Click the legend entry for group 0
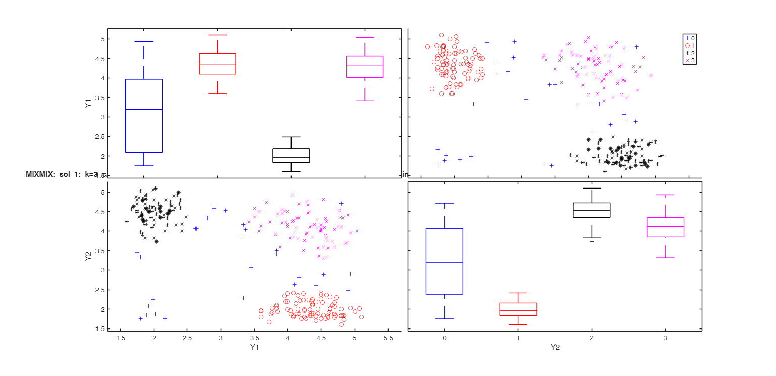(690, 38)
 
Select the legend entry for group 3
(690, 60)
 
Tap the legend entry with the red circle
(690, 45)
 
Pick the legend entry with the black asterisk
(690, 53)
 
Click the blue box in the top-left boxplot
(143, 116)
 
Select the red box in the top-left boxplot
(217, 64)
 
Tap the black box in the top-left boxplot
(291, 155)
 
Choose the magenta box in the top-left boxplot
(365, 67)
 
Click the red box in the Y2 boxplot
(518, 309)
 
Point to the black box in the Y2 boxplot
(592, 210)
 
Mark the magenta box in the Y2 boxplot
(665, 227)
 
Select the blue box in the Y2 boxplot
(444, 261)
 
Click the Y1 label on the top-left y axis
(88, 104)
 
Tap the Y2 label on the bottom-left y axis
(88, 257)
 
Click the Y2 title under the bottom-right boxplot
(555, 347)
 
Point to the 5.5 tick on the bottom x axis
(389, 338)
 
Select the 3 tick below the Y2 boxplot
(665, 338)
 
